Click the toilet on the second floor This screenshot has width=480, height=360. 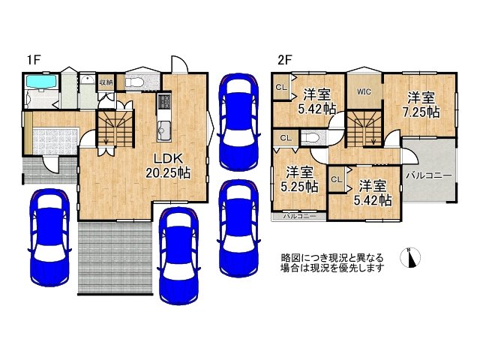click(312, 138)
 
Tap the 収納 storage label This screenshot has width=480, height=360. click(106, 82)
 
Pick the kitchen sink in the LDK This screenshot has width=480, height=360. click(164, 132)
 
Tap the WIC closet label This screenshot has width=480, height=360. click(364, 92)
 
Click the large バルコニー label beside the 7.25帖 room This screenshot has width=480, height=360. click(429, 175)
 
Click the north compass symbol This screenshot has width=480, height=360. click(411, 257)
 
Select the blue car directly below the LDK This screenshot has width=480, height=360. click(178, 255)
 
